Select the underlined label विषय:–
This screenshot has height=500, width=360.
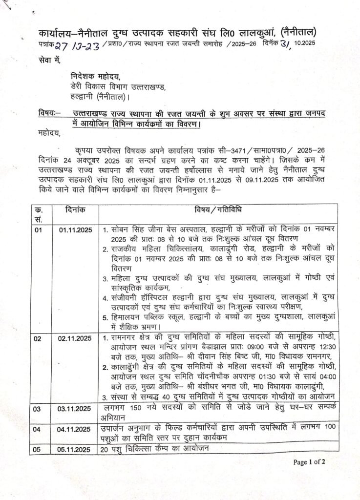coord(49,113)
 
